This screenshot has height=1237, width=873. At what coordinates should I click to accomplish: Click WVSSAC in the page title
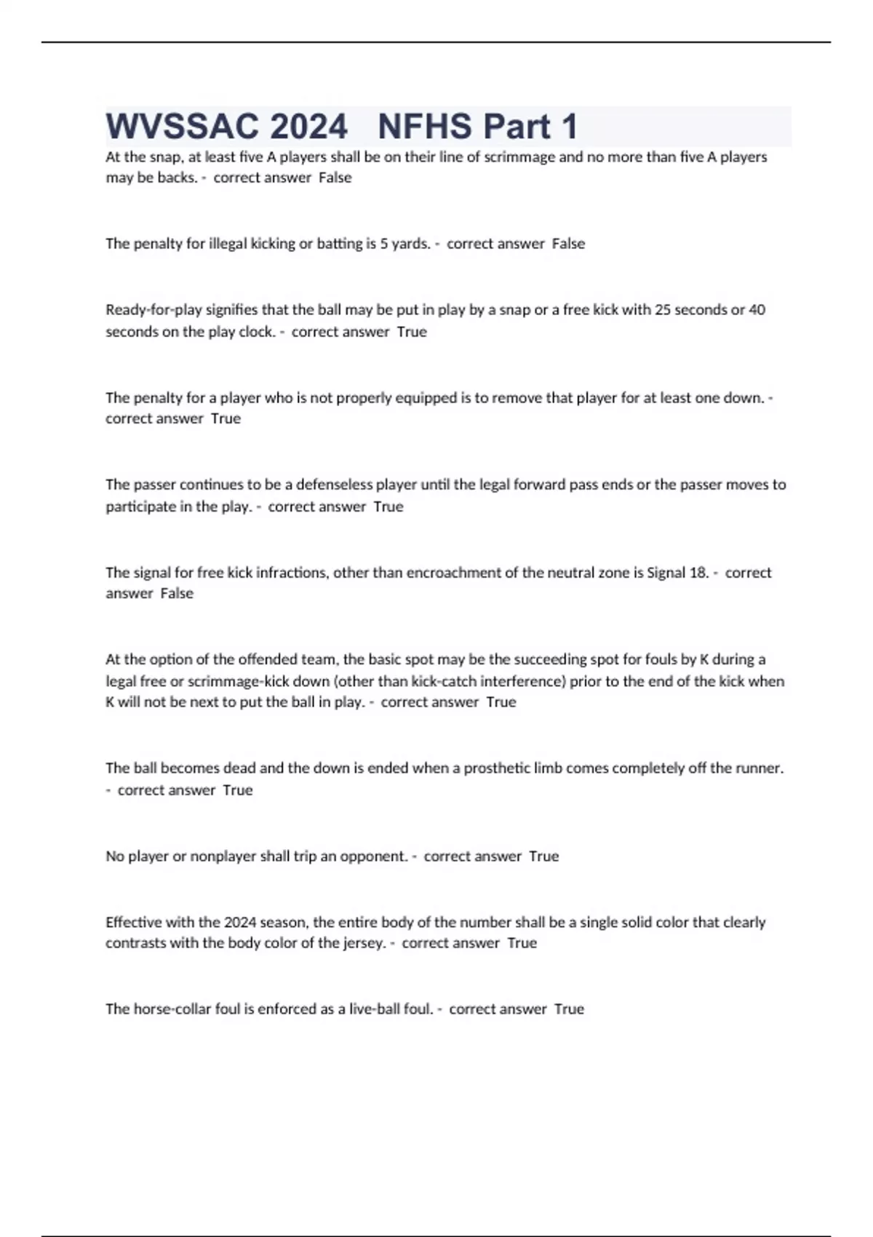pos(182,127)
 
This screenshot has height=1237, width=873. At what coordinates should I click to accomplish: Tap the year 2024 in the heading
pos(309,127)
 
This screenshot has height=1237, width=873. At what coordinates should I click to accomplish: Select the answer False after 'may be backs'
pos(335,178)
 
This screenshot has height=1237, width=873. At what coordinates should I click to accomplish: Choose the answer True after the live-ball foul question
pos(569,1009)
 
